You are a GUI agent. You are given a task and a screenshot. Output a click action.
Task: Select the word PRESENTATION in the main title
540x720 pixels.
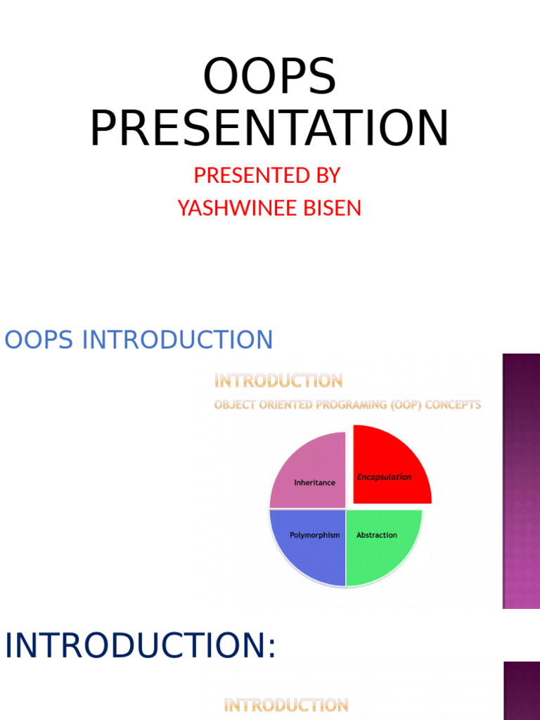tap(269, 129)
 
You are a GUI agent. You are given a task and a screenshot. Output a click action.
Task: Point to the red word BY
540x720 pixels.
tap(328, 175)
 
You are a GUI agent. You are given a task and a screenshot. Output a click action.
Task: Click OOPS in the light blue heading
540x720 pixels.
tap(39, 340)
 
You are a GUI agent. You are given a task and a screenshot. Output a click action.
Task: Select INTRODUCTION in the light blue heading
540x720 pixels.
tap(177, 340)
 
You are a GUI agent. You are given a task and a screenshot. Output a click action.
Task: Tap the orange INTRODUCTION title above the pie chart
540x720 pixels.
tap(278, 381)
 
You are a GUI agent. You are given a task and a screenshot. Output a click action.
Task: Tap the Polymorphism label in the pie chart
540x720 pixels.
tap(314, 535)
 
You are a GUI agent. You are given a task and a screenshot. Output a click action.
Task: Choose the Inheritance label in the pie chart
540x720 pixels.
tap(314, 483)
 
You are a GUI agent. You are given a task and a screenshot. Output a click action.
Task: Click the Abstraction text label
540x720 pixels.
tap(377, 535)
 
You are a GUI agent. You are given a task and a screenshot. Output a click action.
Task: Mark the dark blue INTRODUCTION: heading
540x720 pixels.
tap(141, 646)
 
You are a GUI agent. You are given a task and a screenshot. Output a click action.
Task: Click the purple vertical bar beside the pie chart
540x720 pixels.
tap(521, 481)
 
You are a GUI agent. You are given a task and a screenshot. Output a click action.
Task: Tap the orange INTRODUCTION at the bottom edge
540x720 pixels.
tap(285, 705)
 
